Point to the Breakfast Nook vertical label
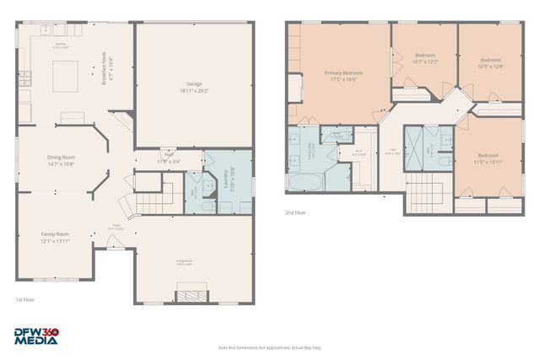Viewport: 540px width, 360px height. click(107, 67)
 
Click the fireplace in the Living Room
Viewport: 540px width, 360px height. click(191, 296)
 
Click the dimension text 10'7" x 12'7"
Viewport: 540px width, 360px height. click(425, 62)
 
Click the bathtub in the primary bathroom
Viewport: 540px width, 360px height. click(303, 183)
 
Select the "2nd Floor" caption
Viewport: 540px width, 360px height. click(295, 212)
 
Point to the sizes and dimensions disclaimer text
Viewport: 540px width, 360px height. click(269, 347)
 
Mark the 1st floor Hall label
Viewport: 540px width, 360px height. click(168, 154)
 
